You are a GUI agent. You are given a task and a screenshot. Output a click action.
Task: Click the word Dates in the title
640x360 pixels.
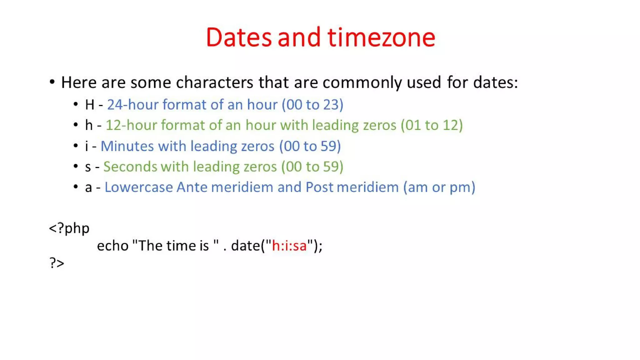(x=239, y=37)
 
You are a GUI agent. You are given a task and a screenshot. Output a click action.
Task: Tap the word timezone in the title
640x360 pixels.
(x=381, y=37)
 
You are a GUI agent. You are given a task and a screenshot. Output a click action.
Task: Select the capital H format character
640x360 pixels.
(x=89, y=105)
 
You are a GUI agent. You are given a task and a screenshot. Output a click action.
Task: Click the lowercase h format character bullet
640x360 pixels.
(x=89, y=125)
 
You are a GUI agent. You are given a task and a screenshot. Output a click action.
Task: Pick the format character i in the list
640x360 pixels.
(x=87, y=146)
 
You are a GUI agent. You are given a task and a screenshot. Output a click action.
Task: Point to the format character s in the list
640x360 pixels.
(x=88, y=167)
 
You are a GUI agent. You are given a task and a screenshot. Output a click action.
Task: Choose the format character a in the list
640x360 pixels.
(x=88, y=187)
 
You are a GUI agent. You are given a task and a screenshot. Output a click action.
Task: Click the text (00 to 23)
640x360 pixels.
(x=312, y=105)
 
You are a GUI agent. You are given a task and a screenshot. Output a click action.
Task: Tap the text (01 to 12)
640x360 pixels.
(x=432, y=125)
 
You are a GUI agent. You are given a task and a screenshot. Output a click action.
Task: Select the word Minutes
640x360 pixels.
(x=127, y=146)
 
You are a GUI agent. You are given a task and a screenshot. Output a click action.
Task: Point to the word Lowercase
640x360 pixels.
(x=138, y=187)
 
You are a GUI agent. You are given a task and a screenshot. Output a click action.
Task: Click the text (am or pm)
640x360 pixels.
(x=439, y=187)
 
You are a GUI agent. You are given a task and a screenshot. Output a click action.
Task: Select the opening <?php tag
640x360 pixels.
(x=69, y=228)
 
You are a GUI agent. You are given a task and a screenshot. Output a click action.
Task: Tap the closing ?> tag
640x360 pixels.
(x=57, y=263)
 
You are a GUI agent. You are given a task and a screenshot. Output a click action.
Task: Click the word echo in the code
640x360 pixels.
(x=112, y=246)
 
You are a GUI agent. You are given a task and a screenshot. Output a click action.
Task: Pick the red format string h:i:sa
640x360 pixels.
(x=289, y=246)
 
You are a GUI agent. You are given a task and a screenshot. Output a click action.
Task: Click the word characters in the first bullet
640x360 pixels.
(x=214, y=82)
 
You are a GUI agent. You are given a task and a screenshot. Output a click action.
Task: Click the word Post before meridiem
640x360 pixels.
(x=319, y=187)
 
